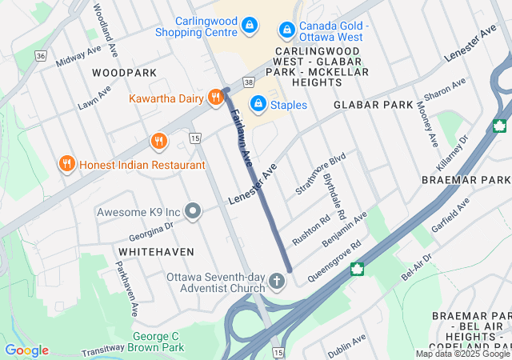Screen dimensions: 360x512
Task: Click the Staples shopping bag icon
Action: [x=258, y=104]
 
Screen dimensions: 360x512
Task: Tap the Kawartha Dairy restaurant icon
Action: [x=215, y=98]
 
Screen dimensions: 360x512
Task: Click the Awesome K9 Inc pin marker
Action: [x=193, y=212]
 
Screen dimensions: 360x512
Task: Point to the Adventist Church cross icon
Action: [x=276, y=281]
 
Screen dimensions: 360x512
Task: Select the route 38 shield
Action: [x=249, y=82]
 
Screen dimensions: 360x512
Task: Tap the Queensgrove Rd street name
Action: [x=334, y=256]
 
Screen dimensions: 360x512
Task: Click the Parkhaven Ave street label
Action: [x=128, y=285]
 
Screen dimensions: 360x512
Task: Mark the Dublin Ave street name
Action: [x=346, y=345]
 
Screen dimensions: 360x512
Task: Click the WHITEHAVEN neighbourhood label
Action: [x=156, y=251]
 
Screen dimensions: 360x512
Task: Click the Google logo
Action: [x=26, y=350]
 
